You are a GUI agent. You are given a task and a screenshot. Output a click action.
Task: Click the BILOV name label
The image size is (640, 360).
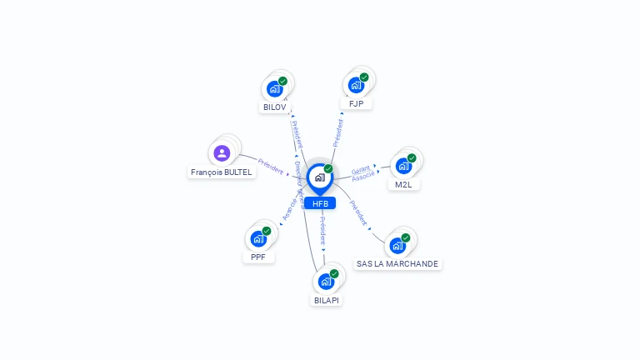(274, 107)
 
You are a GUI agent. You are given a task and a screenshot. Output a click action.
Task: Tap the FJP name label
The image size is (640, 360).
(356, 103)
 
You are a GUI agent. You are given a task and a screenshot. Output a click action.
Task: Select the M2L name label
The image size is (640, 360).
(403, 184)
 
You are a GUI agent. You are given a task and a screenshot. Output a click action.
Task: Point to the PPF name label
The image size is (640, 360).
(258, 257)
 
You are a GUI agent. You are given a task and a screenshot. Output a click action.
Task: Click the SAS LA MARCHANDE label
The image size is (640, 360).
(397, 263)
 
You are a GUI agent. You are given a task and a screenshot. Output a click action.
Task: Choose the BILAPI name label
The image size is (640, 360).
(327, 299)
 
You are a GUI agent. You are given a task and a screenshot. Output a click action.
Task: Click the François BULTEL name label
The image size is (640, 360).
(221, 172)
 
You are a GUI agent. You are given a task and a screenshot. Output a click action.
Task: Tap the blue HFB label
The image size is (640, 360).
(320, 203)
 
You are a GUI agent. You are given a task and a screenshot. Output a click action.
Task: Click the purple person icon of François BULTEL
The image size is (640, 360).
(222, 152)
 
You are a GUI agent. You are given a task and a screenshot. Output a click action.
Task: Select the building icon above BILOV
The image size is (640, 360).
(274, 87)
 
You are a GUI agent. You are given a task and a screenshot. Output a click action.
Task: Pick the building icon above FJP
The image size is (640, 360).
(356, 84)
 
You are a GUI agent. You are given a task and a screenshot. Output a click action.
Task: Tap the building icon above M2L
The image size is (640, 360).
(403, 165)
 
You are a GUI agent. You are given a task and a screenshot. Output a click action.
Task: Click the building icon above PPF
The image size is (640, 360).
(258, 237)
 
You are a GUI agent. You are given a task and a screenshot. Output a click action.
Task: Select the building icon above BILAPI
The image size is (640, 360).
(326, 280)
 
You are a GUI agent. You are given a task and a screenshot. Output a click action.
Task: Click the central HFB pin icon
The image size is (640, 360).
(319, 177)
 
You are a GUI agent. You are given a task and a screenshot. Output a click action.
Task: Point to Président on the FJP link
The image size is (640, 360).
(337, 132)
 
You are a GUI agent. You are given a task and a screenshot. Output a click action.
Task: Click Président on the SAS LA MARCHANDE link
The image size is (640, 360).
(358, 212)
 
